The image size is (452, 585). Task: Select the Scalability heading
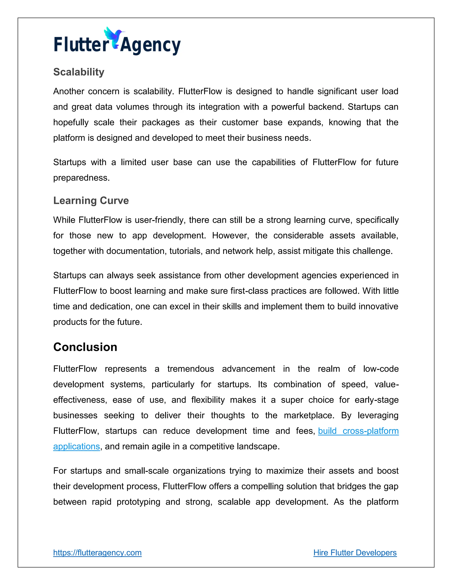point(79,72)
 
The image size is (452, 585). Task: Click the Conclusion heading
point(85,347)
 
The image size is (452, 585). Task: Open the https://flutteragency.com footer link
point(97,553)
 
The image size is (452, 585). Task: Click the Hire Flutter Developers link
point(355,553)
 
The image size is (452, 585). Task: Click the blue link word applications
point(76,447)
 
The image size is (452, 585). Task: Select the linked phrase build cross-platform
point(358,431)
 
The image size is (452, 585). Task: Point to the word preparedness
point(81,178)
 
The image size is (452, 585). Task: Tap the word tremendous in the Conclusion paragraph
point(190,369)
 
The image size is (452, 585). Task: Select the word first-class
point(249,291)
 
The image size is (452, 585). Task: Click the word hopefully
point(71,123)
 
